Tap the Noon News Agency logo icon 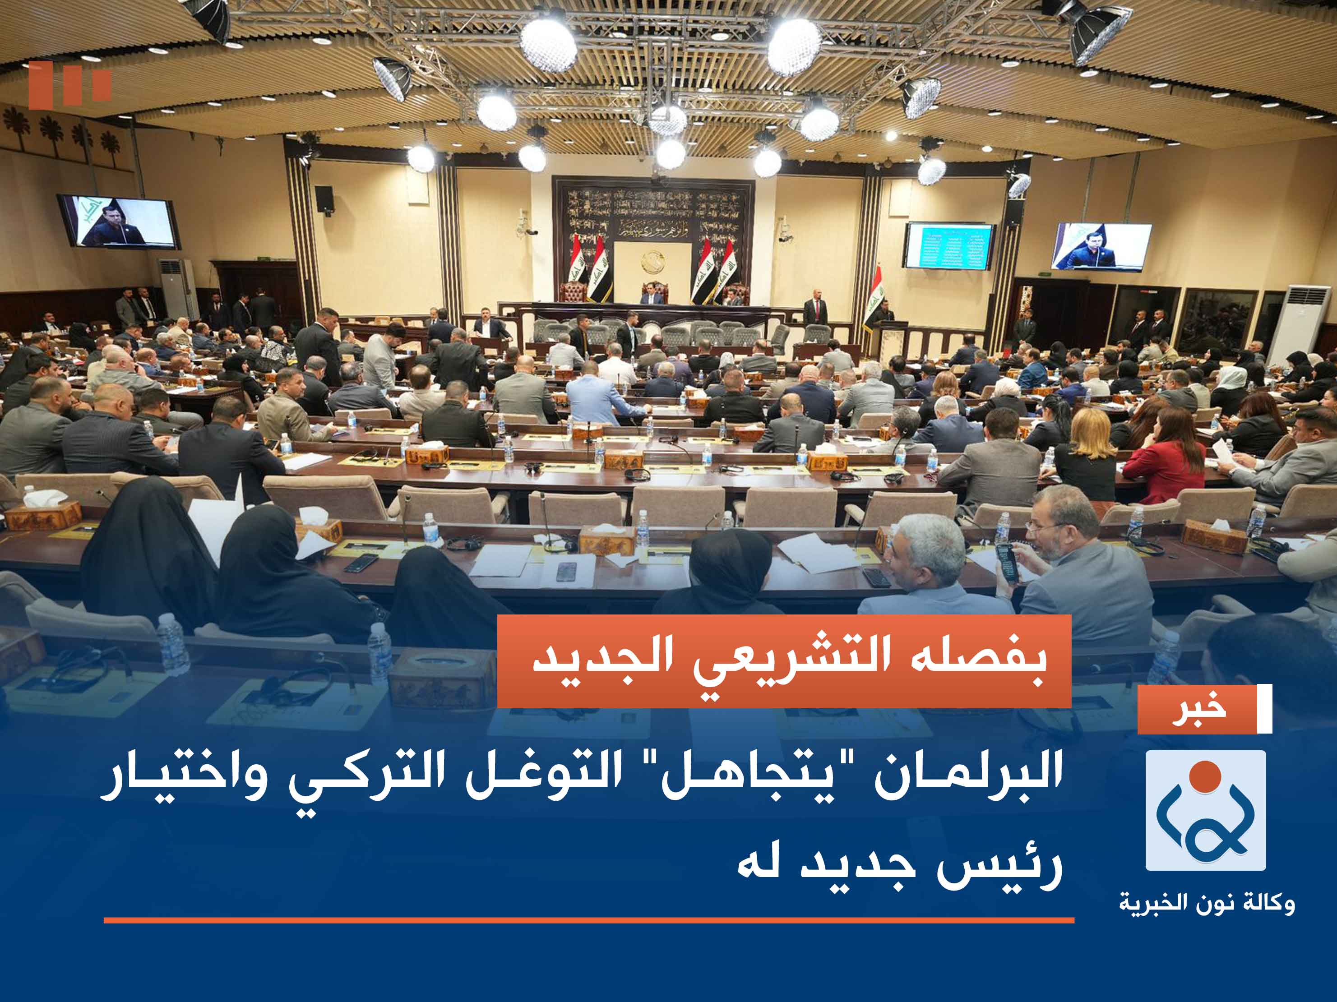(x=1205, y=810)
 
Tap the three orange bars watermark (x=69, y=86)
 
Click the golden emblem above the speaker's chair (x=653, y=262)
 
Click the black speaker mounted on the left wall (x=324, y=198)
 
